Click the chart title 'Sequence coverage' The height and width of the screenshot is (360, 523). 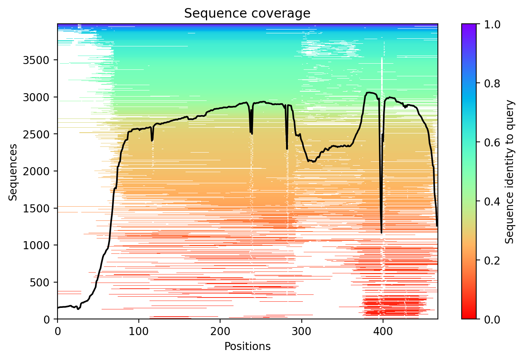coord(247,13)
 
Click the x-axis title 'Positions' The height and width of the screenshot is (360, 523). coord(247,347)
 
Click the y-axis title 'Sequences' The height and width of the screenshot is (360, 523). coord(13,172)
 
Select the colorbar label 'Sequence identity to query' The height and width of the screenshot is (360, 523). coord(509,172)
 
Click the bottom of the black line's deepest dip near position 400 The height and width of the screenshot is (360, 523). coord(381,233)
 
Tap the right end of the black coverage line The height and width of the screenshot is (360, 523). coord(437,226)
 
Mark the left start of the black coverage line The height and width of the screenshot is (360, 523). coord(58,308)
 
